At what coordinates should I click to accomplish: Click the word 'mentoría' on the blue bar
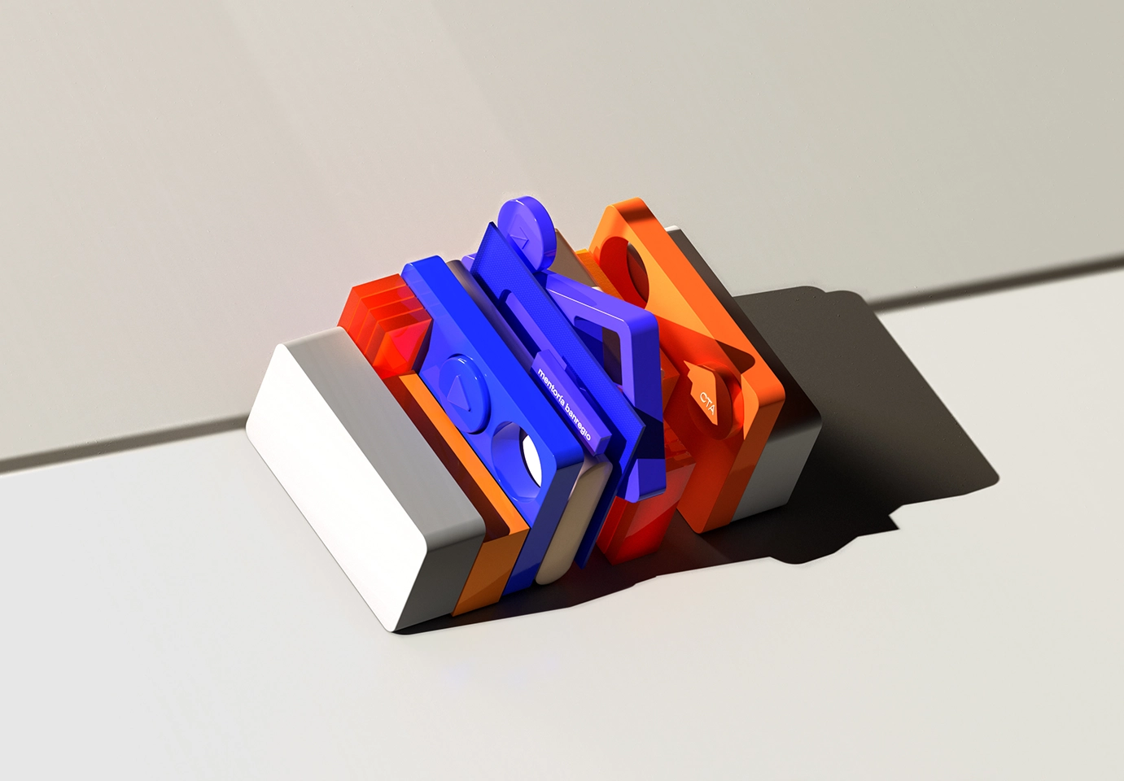549,386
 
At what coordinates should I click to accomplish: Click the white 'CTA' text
707,403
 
